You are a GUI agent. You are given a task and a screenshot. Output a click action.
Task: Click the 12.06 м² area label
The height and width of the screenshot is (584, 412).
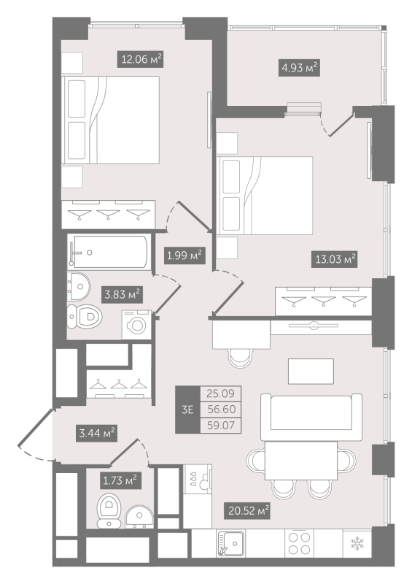[x=141, y=59]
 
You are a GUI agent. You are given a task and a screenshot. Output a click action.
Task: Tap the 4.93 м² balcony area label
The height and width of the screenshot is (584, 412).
[x=299, y=68]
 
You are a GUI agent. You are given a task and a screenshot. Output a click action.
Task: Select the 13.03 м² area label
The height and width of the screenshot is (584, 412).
[x=334, y=259]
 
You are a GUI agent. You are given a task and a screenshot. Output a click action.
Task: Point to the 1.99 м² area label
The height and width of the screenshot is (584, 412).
[x=184, y=255]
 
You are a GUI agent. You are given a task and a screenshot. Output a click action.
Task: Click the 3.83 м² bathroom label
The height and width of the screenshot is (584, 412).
[x=122, y=295]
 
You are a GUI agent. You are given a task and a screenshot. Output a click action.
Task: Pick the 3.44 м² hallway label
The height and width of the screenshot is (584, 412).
[x=96, y=434]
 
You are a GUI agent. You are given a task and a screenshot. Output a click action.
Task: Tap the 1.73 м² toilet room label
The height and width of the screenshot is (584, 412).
[x=120, y=480]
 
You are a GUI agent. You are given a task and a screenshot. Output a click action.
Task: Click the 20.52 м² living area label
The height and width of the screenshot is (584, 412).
[x=247, y=510]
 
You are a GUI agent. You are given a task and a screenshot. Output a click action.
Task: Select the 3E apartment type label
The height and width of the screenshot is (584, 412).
[x=187, y=410]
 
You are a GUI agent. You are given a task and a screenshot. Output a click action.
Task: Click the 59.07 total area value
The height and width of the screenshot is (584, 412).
[x=221, y=426]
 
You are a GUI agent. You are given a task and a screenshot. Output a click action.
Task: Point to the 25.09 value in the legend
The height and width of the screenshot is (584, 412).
[x=221, y=393]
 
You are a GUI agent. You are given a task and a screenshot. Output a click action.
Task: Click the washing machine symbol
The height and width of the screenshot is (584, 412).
[x=136, y=324]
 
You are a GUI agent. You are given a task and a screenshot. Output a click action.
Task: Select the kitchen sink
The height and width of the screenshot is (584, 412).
[x=231, y=544]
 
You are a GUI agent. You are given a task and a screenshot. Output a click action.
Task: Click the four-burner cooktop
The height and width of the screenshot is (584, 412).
[x=300, y=543]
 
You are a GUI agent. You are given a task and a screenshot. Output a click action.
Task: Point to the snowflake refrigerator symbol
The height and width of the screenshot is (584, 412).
[x=357, y=544]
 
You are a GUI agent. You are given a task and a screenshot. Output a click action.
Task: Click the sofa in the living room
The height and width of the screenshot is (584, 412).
[x=311, y=417]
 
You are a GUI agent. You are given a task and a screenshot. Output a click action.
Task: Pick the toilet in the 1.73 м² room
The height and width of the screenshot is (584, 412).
[x=109, y=510]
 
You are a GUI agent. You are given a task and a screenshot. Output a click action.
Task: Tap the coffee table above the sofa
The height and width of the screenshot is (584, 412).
[x=311, y=372]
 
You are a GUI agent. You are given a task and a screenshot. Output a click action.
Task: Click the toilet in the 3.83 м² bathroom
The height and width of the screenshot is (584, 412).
[x=85, y=317]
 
